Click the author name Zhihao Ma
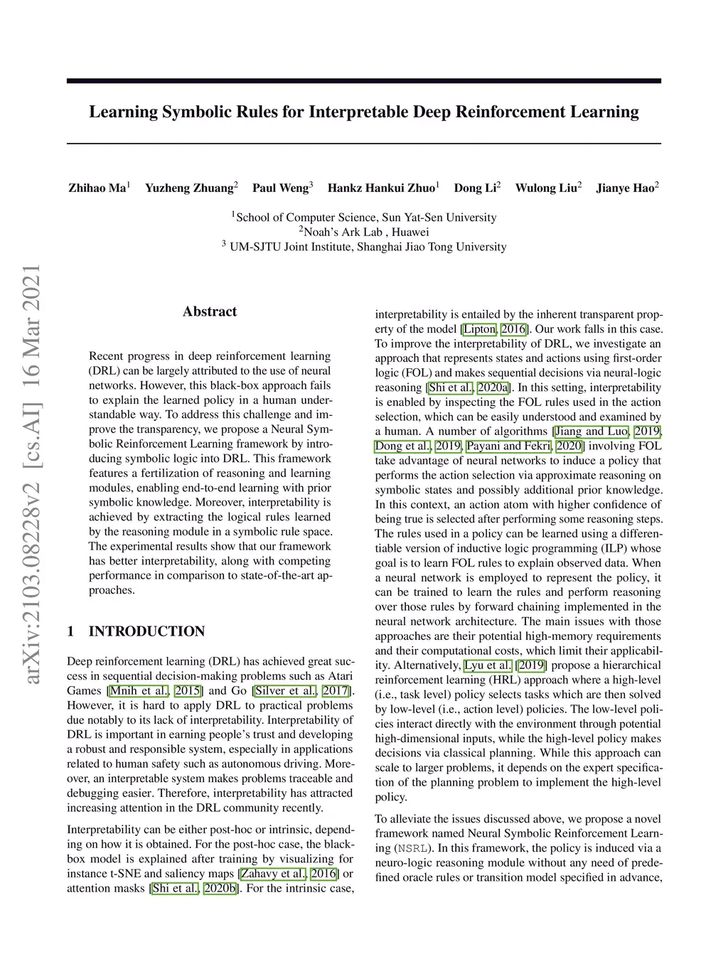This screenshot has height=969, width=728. pos(97,188)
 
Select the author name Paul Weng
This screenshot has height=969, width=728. pos(280,188)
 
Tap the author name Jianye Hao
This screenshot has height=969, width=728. pos(625,188)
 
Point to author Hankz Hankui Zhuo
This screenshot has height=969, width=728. pos(381,188)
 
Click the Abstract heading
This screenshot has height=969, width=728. pos(210,311)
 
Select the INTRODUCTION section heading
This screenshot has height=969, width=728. pos(146,631)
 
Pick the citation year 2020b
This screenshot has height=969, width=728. pos(220,889)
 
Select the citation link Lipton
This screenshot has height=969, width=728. pos(479,329)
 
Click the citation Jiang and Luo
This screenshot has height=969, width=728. pos(591,432)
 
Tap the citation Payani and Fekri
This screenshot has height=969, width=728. pos(508,446)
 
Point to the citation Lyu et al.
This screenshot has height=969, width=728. pos(488,666)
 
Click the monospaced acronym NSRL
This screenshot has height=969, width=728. pos(412,849)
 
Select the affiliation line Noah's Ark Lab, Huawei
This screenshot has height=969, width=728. pos(364,232)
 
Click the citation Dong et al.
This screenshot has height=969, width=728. pos(403,446)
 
